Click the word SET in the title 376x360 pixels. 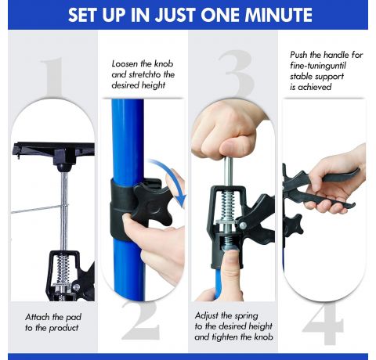pos(83,15)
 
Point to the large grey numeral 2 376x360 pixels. pos(141,320)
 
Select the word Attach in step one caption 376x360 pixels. pos(38,317)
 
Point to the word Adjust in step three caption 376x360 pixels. pos(206,316)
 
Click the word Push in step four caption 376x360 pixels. pos(298,55)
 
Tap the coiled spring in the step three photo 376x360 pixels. pos(228,205)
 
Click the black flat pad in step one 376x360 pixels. pos(53,149)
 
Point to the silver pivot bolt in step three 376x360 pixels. pos(243,225)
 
